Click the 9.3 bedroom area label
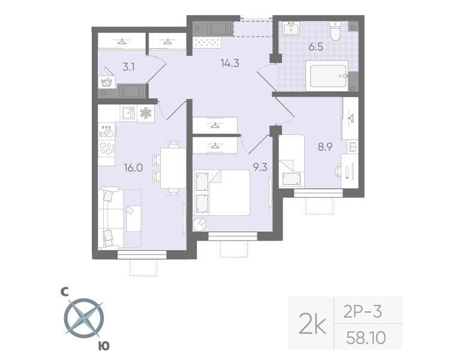pos(260,167)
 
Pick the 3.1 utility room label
pos(128,67)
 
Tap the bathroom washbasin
pos(292,29)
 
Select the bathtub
pos(326,76)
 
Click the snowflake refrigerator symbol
pos(146,113)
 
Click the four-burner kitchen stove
pos(106,147)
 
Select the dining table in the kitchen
pos(173,167)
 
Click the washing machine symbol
pos(107,82)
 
